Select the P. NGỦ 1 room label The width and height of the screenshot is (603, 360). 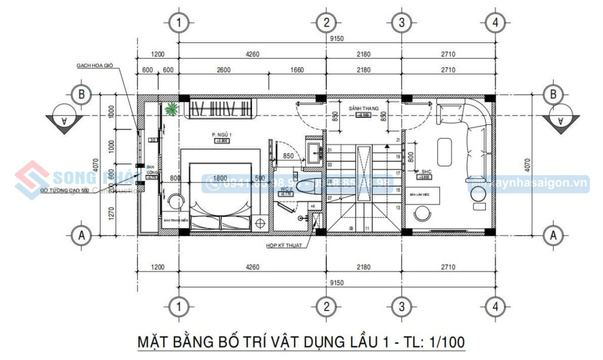(222, 136)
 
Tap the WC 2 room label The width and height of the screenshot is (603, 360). (286, 189)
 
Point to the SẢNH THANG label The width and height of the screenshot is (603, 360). (363, 109)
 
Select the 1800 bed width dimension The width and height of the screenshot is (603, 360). (220, 178)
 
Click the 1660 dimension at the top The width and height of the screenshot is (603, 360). (297, 70)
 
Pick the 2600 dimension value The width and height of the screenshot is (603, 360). (224, 70)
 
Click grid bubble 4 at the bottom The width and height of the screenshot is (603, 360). (496, 306)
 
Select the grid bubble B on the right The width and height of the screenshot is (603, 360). (553, 94)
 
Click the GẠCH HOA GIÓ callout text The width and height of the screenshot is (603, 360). (94, 65)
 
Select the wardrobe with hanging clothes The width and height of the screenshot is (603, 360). (223, 109)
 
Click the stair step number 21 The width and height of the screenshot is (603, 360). (399, 140)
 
